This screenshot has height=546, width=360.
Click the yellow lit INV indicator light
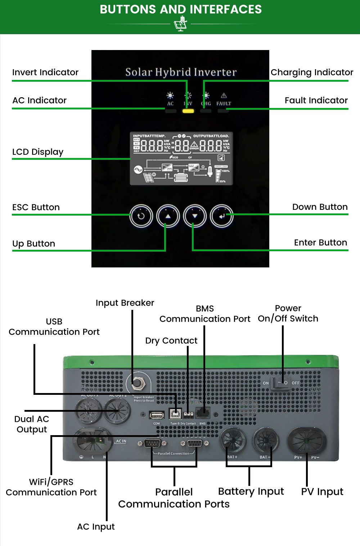(x=188, y=111)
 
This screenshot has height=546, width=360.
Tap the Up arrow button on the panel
(x=168, y=216)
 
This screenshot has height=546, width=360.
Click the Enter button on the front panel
(x=222, y=216)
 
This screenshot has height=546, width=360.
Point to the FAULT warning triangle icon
(x=224, y=95)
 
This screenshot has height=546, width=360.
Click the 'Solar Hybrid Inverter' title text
(x=181, y=72)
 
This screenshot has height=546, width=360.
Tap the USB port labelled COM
(x=157, y=415)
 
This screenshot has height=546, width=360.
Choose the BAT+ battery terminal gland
(x=233, y=440)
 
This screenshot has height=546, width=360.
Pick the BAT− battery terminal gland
(x=266, y=440)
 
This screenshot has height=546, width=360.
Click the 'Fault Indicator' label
(x=316, y=100)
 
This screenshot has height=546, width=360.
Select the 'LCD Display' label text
(x=38, y=152)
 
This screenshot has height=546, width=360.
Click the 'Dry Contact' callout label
(x=171, y=340)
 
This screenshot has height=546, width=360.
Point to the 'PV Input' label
(x=322, y=492)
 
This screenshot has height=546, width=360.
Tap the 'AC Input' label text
(x=96, y=527)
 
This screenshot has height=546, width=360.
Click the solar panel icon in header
(x=180, y=25)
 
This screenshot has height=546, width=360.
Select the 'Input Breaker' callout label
(x=125, y=303)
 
